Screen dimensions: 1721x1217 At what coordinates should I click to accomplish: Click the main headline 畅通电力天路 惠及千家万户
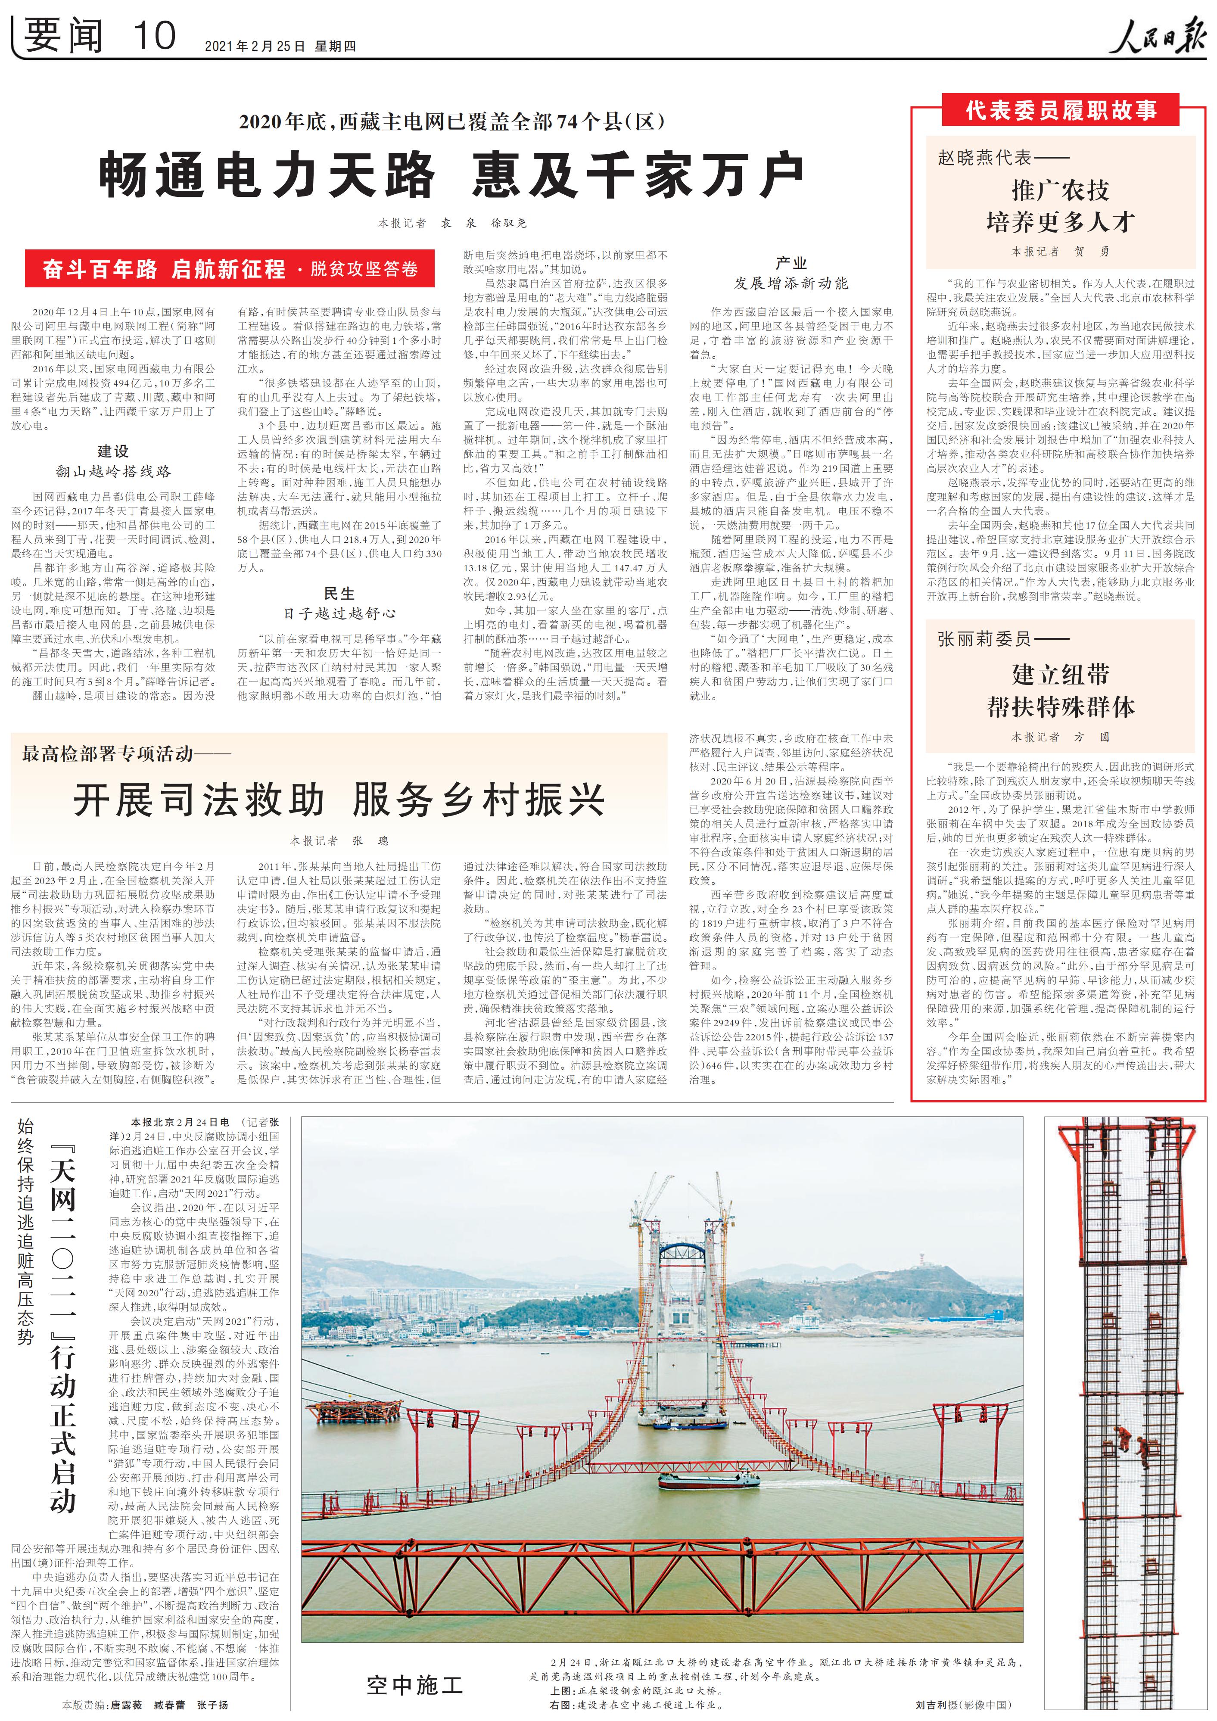(x=451, y=174)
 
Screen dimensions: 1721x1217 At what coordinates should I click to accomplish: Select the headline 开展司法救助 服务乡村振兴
(x=339, y=800)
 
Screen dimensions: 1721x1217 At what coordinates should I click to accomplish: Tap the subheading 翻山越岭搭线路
(x=113, y=471)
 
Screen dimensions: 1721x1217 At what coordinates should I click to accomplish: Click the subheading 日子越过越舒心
(x=339, y=613)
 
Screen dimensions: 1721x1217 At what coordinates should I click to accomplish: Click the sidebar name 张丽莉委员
(x=984, y=639)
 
